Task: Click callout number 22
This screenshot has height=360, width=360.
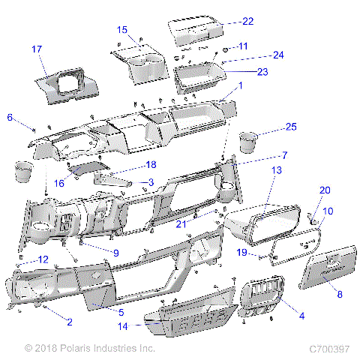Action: click(247, 21)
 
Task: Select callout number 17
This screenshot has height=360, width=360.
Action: click(36, 49)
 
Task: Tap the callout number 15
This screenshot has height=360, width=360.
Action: click(122, 30)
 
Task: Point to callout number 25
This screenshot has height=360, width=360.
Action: click(291, 127)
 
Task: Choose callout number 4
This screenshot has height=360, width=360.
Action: click(301, 316)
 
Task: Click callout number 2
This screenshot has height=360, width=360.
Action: click(69, 322)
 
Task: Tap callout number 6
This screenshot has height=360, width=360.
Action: click(10, 117)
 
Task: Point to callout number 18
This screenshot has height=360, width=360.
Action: click(150, 164)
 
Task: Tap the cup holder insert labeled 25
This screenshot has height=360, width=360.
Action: click(248, 142)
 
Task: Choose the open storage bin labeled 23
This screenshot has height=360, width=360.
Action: click(199, 76)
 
